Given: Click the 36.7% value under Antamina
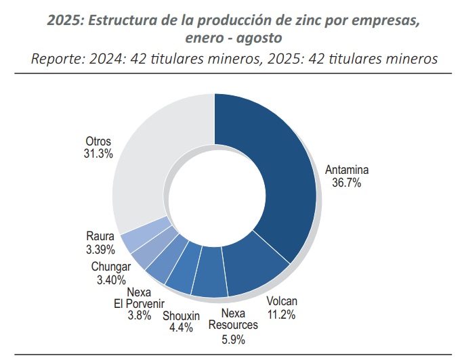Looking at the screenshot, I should point(346,183).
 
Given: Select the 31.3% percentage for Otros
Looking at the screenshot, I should point(98,154).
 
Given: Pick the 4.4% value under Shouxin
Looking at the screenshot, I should point(181,328).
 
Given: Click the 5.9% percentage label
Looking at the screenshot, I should point(233,339).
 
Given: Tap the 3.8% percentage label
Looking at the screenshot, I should point(139,315).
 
